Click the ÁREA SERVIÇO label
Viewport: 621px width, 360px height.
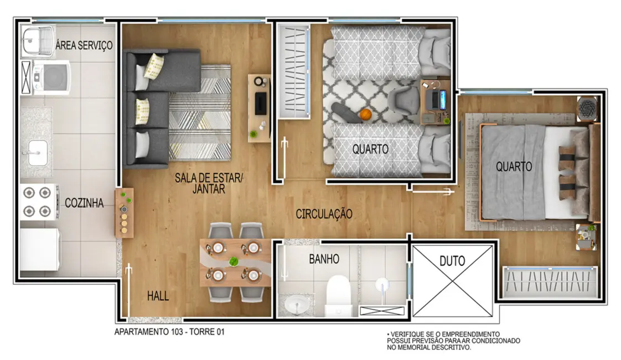pos(85,45)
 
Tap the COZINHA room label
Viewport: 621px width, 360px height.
pos(84,203)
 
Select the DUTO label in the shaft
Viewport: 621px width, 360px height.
pos(452,259)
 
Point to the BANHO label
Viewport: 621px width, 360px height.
pos(324,259)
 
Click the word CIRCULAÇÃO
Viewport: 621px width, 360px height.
pos(324,214)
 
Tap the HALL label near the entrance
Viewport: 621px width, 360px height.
pos(158,296)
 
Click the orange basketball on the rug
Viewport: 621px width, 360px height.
pos(365,115)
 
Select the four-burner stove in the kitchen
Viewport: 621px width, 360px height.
pos(39,202)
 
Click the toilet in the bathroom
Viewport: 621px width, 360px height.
pos(338,294)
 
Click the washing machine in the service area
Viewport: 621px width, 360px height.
pos(51,76)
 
